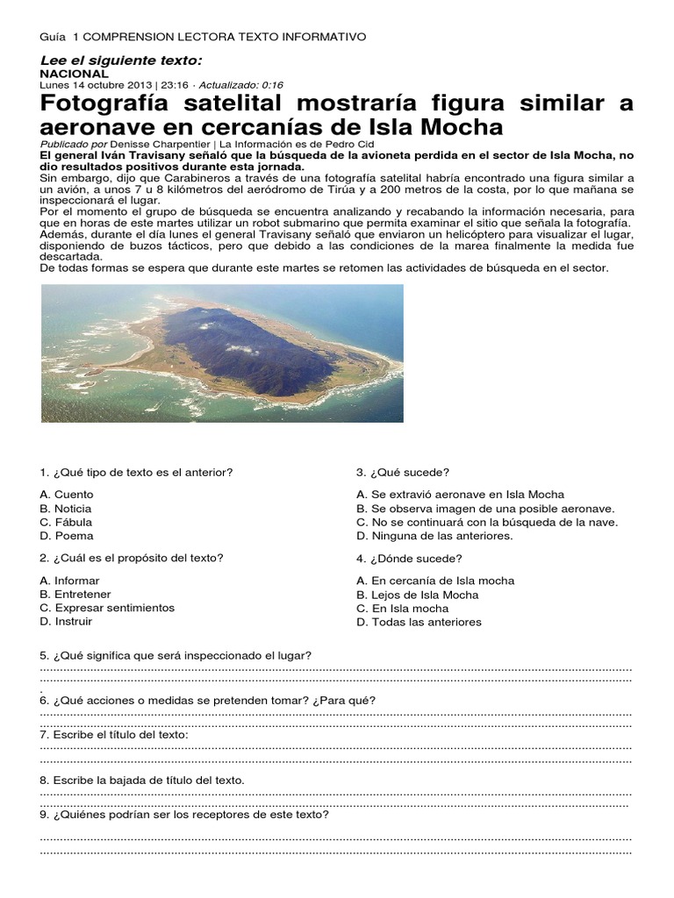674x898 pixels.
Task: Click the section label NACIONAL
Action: click(x=74, y=74)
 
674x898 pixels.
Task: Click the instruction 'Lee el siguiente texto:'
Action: click(x=121, y=60)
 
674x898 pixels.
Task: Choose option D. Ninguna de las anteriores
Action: click(x=434, y=535)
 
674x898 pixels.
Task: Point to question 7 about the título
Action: click(x=114, y=734)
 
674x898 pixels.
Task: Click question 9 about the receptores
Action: click(x=184, y=814)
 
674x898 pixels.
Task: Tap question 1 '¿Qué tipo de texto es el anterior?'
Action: click(x=136, y=472)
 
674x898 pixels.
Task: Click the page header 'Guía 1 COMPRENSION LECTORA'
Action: click(x=203, y=36)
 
